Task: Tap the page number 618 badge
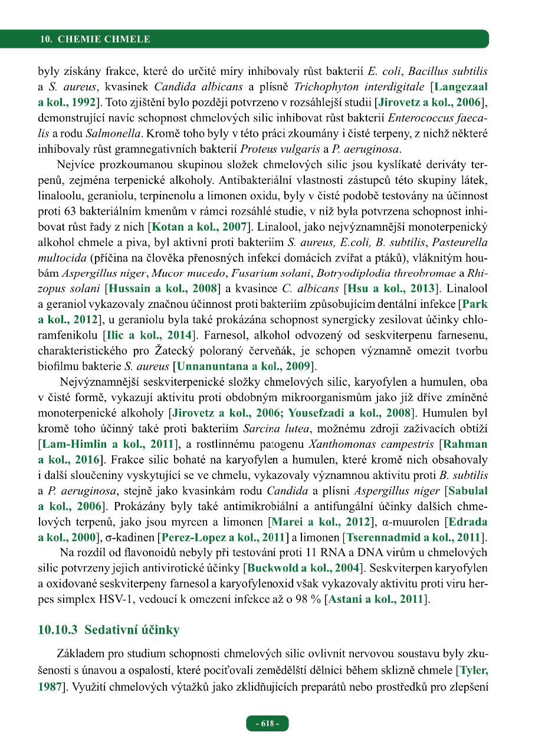(267, 724)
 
